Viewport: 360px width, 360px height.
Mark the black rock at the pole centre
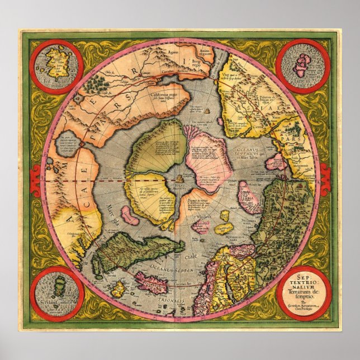pos(179,178)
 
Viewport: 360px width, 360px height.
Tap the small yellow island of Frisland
pos(118,290)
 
